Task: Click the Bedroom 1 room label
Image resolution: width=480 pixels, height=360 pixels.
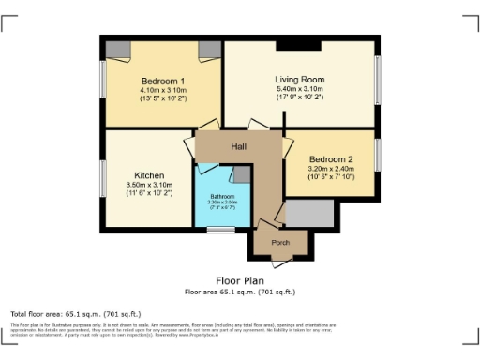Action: [x=150, y=80]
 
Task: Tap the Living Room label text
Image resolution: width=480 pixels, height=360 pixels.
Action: [x=299, y=79]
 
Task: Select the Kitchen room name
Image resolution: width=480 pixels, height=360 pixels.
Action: [x=149, y=175]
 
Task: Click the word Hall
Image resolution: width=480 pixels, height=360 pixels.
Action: [x=239, y=147]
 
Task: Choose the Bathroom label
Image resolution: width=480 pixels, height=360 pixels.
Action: [x=222, y=195]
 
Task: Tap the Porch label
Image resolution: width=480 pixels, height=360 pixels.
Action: [x=279, y=241]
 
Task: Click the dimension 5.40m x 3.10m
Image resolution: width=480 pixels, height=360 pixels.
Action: [x=299, y=88]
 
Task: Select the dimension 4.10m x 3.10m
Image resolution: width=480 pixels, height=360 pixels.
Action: [x=150, y=89]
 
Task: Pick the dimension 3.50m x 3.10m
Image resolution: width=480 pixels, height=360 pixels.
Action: [x=149, y=185]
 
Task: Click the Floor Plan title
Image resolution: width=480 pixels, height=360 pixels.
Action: [x=239, y=280]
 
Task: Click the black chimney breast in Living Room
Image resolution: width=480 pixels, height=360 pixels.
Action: [x=300, y=43]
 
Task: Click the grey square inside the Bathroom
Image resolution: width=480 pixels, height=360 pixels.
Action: [x=242, y=173]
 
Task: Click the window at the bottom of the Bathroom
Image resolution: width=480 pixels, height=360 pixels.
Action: [x=221, y=229]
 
